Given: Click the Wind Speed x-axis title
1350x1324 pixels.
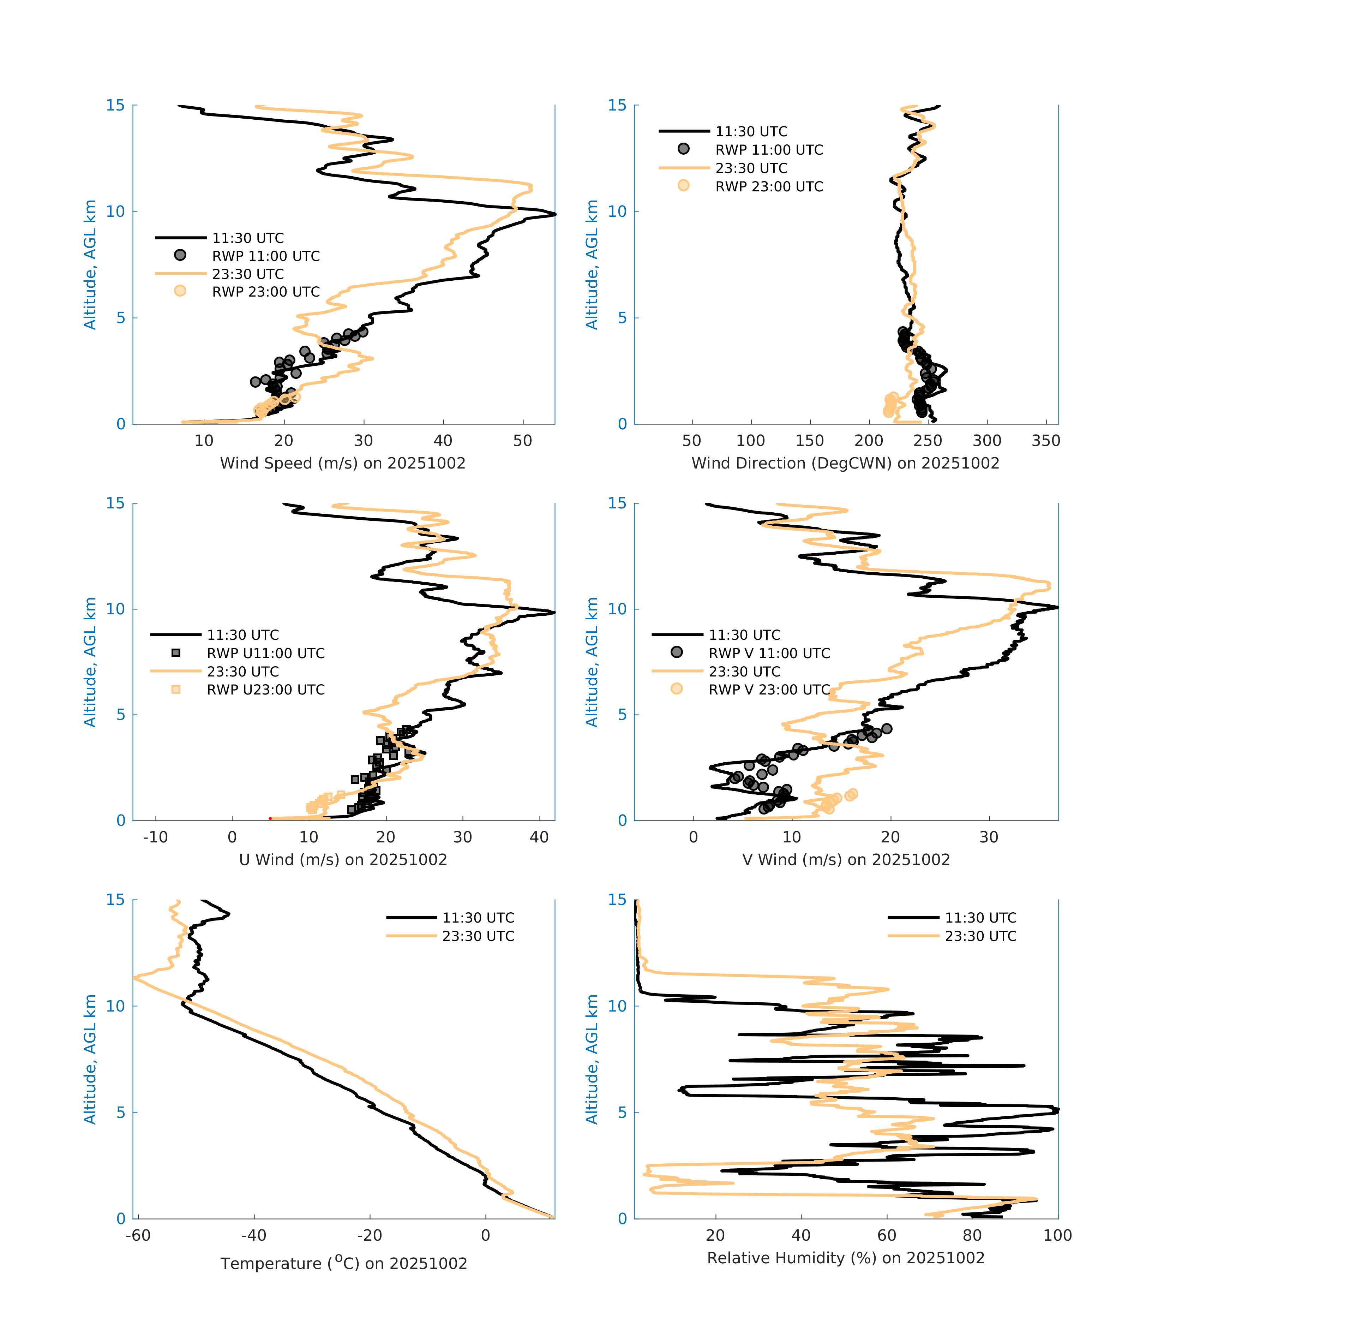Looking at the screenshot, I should (x=343, y=463).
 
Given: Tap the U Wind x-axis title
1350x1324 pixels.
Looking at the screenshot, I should (x=343, y=859).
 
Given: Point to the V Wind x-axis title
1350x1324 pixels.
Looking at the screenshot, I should (x=845, y=859).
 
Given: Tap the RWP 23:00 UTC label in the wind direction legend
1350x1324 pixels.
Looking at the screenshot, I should (x=769, y=186).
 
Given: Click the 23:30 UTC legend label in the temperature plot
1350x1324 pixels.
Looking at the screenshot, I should (x=478, y=936).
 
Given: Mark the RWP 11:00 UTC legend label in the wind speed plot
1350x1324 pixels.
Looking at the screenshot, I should (x=265, y=256).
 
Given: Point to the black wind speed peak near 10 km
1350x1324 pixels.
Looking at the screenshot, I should (x=554, y=214).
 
